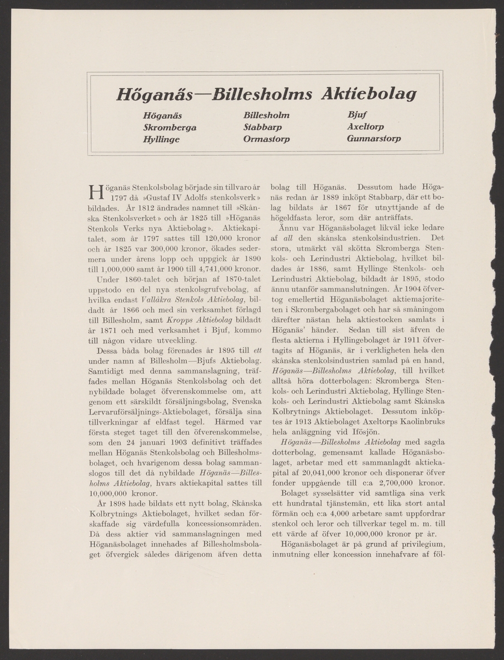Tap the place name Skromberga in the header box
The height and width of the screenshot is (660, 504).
pyautogui.click(x=169, y=127)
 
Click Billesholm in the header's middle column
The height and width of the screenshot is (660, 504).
pyautogui.click(x=266, y=116)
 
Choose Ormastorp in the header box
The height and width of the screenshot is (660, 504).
pyautogui.click(x=267, y=139)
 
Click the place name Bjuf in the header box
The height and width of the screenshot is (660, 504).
pyautogui.click(x=357, y=116)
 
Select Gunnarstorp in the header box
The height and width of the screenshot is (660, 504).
pyautogui.click(x=374, y=139)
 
